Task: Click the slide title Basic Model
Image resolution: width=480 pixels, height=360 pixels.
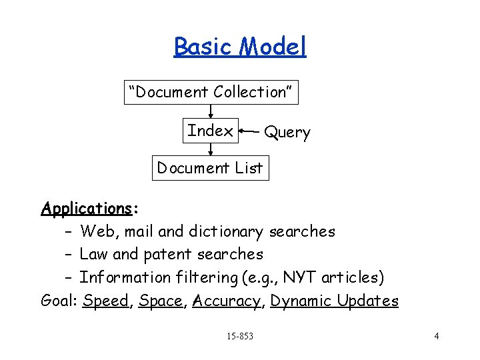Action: pos(240,47)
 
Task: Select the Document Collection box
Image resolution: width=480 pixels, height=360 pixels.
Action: pos(211,92)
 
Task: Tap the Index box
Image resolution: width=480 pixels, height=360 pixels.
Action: pos(211,131)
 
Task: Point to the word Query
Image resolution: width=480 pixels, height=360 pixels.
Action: pos(287,133)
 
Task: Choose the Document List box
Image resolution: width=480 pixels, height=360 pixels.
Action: pos(210,168)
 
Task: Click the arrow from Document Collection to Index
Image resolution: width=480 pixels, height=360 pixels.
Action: pos(211,111)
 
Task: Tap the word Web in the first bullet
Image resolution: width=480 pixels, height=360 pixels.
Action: pos(95,232)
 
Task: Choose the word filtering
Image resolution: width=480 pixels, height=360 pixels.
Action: pos(203,277)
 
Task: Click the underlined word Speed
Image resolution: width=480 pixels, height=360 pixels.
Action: pos(106,301)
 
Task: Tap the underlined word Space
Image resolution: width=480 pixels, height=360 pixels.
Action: pos(161,301)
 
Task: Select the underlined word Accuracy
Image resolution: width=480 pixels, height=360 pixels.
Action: pos(227,301)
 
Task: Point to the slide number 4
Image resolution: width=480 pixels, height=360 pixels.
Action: pos(436,336)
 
